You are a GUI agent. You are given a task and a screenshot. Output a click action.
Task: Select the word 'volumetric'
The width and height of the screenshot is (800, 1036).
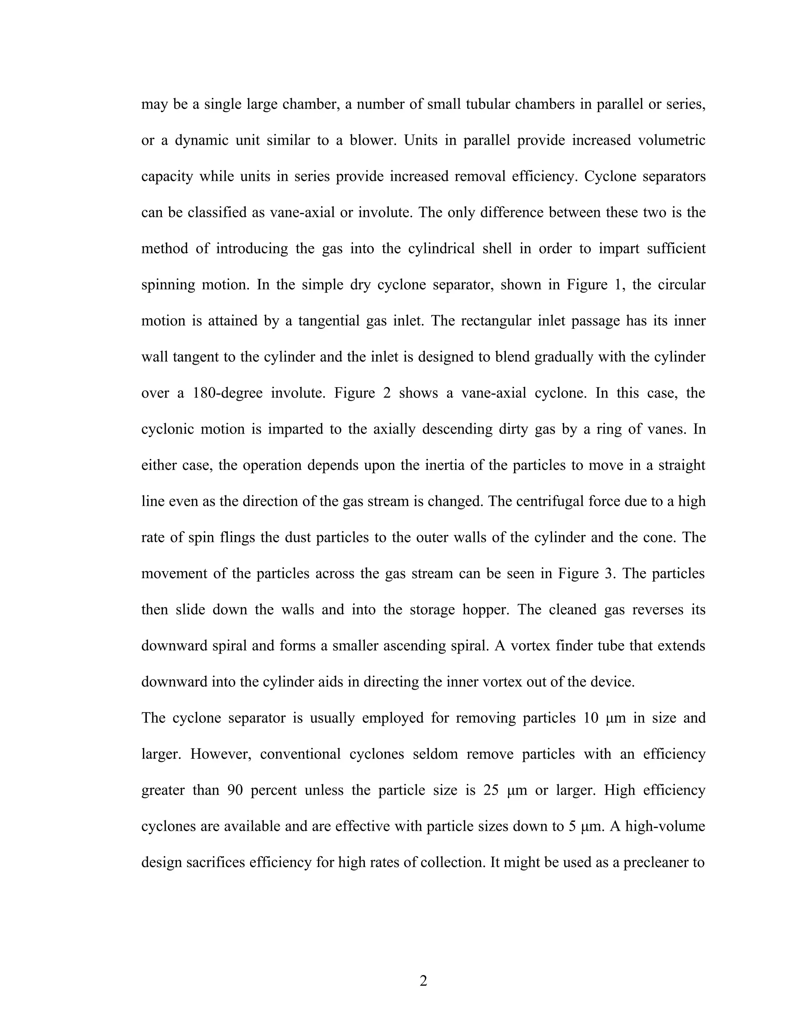pyautogui.click(x=671, y=140)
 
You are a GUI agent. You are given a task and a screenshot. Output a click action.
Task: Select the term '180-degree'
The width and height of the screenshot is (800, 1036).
pyautogui.click(x=227, y=393)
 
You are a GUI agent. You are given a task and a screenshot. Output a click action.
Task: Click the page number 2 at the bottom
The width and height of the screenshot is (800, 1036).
pyautogui.click(x=423, y=980)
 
